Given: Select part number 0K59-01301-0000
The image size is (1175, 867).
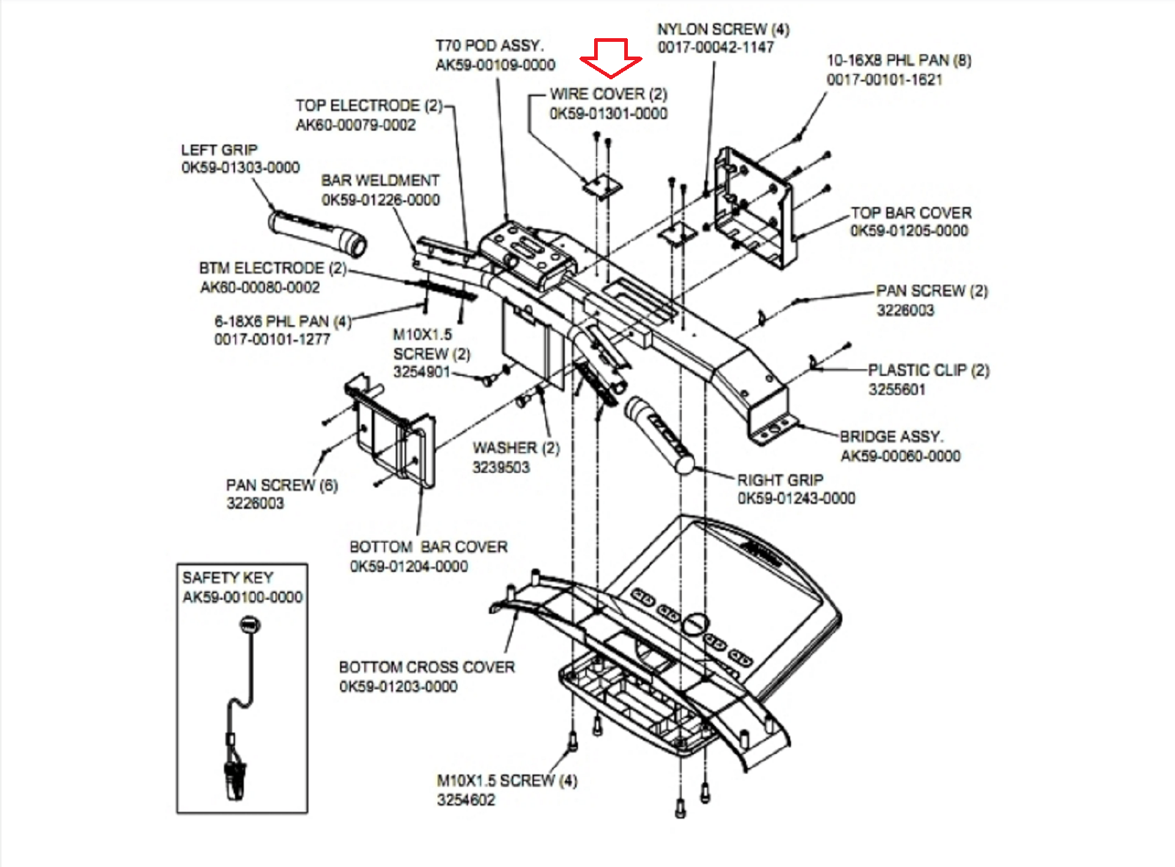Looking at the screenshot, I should (x=608, y=114).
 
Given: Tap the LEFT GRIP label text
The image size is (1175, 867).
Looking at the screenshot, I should (x=219, y=150).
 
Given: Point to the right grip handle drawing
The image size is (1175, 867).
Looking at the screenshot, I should (x=659, y=434).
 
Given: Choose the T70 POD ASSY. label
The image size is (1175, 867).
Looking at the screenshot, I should (x=489, y=46).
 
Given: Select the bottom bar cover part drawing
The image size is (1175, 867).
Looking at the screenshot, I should (x=393, y=433).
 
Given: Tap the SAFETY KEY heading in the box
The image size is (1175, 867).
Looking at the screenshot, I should (x=228, y=578).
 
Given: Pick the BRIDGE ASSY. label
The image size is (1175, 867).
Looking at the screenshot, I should (x=891, y=437).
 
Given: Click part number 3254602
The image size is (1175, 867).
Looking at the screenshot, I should (x=466, y=800).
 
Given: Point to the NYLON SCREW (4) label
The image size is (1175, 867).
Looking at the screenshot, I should (x=723, y=29).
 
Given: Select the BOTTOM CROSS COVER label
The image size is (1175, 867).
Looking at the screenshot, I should (x=427, y=667).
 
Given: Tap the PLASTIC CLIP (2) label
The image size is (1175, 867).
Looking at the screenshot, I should (x=928, y=370).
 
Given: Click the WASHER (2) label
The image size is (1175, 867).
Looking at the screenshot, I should (x=516, y=448).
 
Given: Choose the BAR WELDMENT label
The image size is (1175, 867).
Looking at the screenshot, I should (x=380, y=181).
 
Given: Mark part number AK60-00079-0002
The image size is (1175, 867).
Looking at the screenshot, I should (x=355, y=126).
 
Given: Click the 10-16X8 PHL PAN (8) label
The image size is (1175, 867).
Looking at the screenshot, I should (x=898, y=60).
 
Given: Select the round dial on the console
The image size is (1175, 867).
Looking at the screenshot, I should (x=694, y=624).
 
